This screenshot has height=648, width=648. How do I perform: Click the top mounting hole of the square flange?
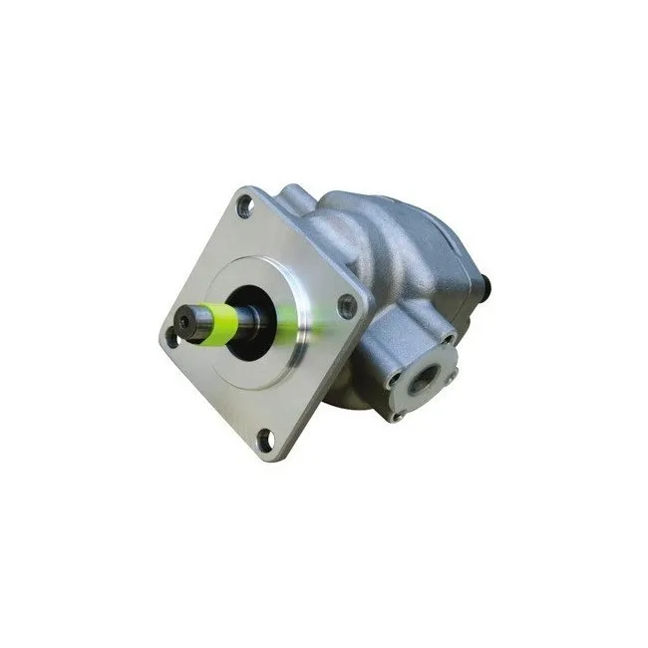coord(244,206)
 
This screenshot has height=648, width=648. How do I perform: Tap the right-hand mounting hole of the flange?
coord(347,306)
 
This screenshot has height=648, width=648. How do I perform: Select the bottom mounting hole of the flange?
coord(266,437)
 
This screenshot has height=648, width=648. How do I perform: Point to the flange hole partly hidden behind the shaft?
coord(172,336)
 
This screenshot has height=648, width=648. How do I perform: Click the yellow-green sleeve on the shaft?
coord(221,321)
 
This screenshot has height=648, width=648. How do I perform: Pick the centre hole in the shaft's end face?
coord(184,323)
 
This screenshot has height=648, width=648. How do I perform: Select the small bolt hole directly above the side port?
coord(445,339)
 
